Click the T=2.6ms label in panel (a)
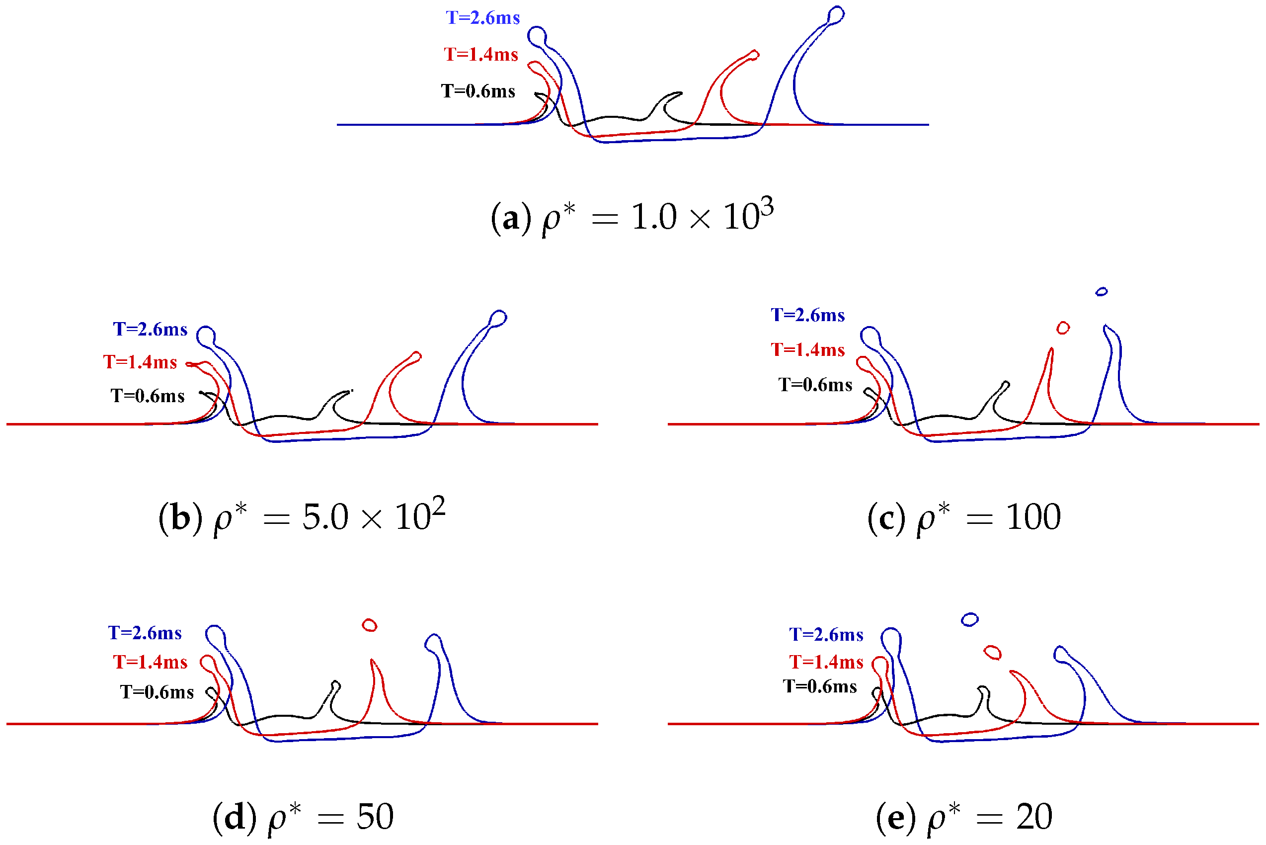coord(482,18)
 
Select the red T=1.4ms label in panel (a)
coord(480,55)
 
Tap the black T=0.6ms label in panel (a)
coord(478,91)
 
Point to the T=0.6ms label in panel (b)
coord(147,396)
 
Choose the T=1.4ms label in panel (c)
coord(807,350)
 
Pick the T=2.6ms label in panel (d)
coord(145,633)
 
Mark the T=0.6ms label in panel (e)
coord(820,686)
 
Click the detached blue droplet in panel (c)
coord(1102,292)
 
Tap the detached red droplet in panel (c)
coord(1063,328)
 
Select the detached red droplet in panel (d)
coord(370,625)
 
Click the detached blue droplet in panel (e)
coord(970,620)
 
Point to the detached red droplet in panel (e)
coord(992,653)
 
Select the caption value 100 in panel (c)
coord(1033,517)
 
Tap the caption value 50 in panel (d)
coord(375,817)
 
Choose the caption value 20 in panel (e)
coord(1034,817)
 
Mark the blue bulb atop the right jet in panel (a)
coord(836,14)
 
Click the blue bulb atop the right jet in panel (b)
coord(499,318)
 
